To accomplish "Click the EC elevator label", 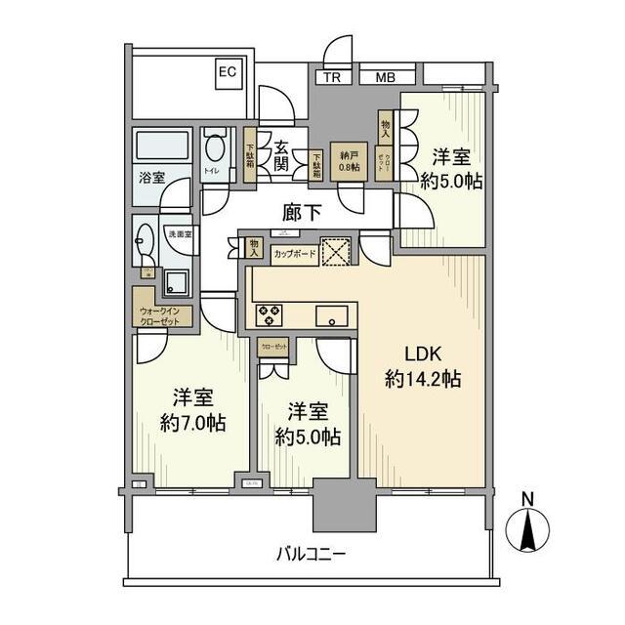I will coord(227,71).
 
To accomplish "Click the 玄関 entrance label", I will coord(281,157).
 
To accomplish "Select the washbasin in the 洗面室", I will coord(147,238).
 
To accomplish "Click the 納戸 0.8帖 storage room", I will coord(349,161).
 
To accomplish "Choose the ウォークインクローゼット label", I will coord(165,314).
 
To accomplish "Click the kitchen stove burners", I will coord(270,314).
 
